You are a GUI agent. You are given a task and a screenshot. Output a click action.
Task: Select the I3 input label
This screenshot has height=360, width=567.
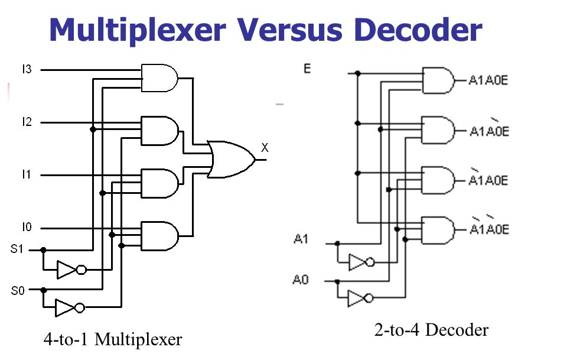(27, 70)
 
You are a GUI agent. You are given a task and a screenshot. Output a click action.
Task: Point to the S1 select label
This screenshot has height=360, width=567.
(17, 249)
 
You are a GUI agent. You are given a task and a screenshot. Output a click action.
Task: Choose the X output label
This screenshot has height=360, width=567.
(265, 148)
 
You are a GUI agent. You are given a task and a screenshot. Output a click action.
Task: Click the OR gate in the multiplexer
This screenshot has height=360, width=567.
(231, 159)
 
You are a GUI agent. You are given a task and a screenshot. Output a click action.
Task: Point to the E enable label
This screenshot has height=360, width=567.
(307, 69)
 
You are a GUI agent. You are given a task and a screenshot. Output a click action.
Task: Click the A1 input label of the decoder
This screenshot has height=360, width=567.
(301, 239)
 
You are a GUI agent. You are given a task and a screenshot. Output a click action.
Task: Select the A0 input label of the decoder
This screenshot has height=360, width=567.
(301, 279)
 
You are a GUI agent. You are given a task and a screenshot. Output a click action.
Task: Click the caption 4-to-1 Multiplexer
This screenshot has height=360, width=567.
(112, 340)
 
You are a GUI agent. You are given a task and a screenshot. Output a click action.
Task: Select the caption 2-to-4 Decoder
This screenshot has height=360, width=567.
(431, 330)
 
